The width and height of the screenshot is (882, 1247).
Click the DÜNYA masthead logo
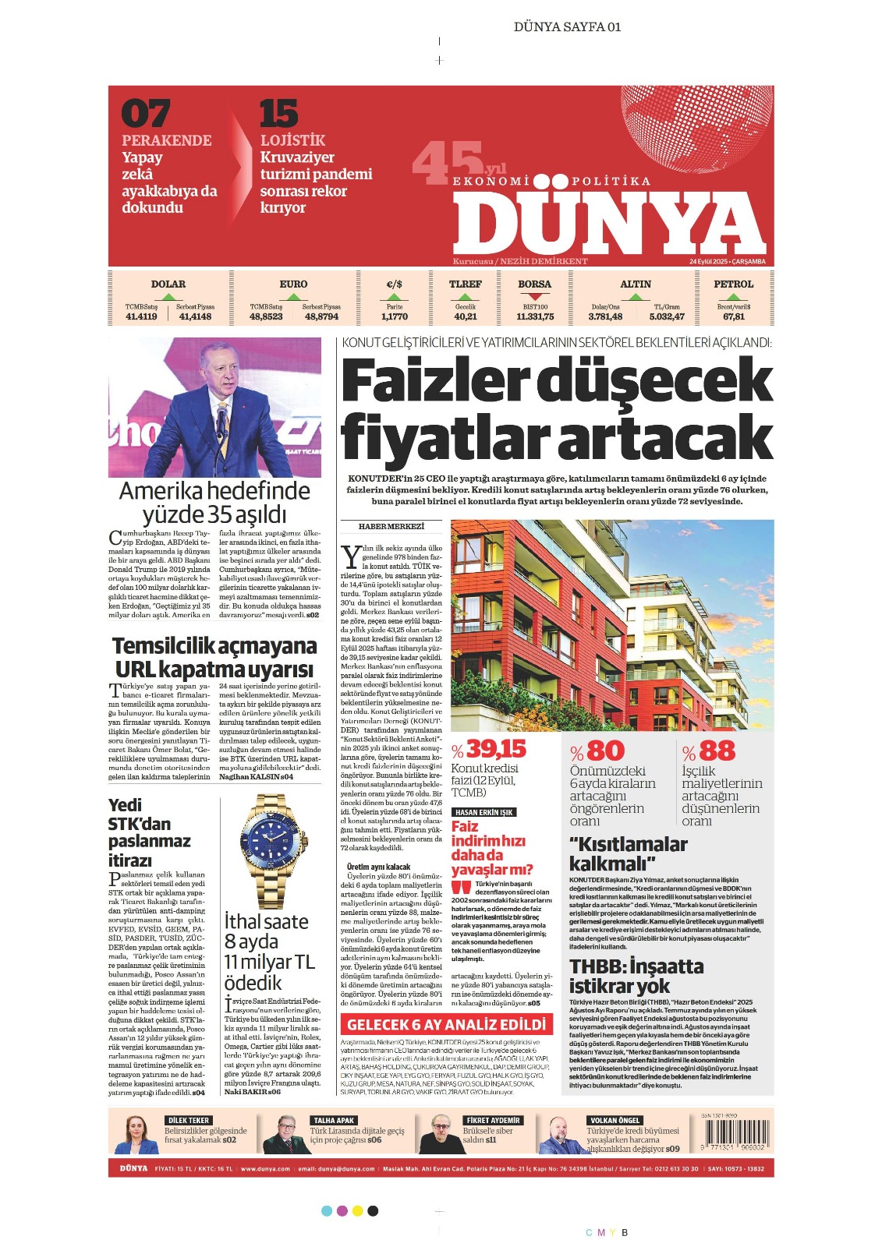click(x=608, y=224)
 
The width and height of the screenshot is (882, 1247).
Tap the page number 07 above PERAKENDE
click(x=145, y=114)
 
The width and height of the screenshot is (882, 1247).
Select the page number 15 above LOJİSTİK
click(x=278, y=114)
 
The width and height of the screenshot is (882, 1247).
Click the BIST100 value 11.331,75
click(x=535, y=316)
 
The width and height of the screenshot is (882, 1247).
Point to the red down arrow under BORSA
click(x=535, y=296)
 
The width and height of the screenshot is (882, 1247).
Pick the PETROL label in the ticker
click(x=733, y=284)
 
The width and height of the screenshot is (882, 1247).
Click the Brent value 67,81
click(x=733, y=316)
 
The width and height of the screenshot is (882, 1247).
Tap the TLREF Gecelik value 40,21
click(x=466, y=316)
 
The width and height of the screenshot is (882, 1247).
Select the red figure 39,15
click(x=496, y=749)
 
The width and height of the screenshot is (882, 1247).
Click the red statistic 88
click(x=716, y=751)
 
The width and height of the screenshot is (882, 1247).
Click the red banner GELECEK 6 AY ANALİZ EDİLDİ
click(x=446, y=1024)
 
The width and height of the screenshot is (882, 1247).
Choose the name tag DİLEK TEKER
click(x=188, y=1120)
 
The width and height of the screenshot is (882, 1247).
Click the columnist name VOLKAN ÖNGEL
click(x=614, y=1120)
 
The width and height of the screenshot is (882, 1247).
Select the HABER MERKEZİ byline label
click(x=391, y=527)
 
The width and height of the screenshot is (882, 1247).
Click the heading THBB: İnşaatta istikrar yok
click(x=636, y=976)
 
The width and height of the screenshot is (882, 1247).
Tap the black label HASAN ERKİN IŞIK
click(x=484, y=812)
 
